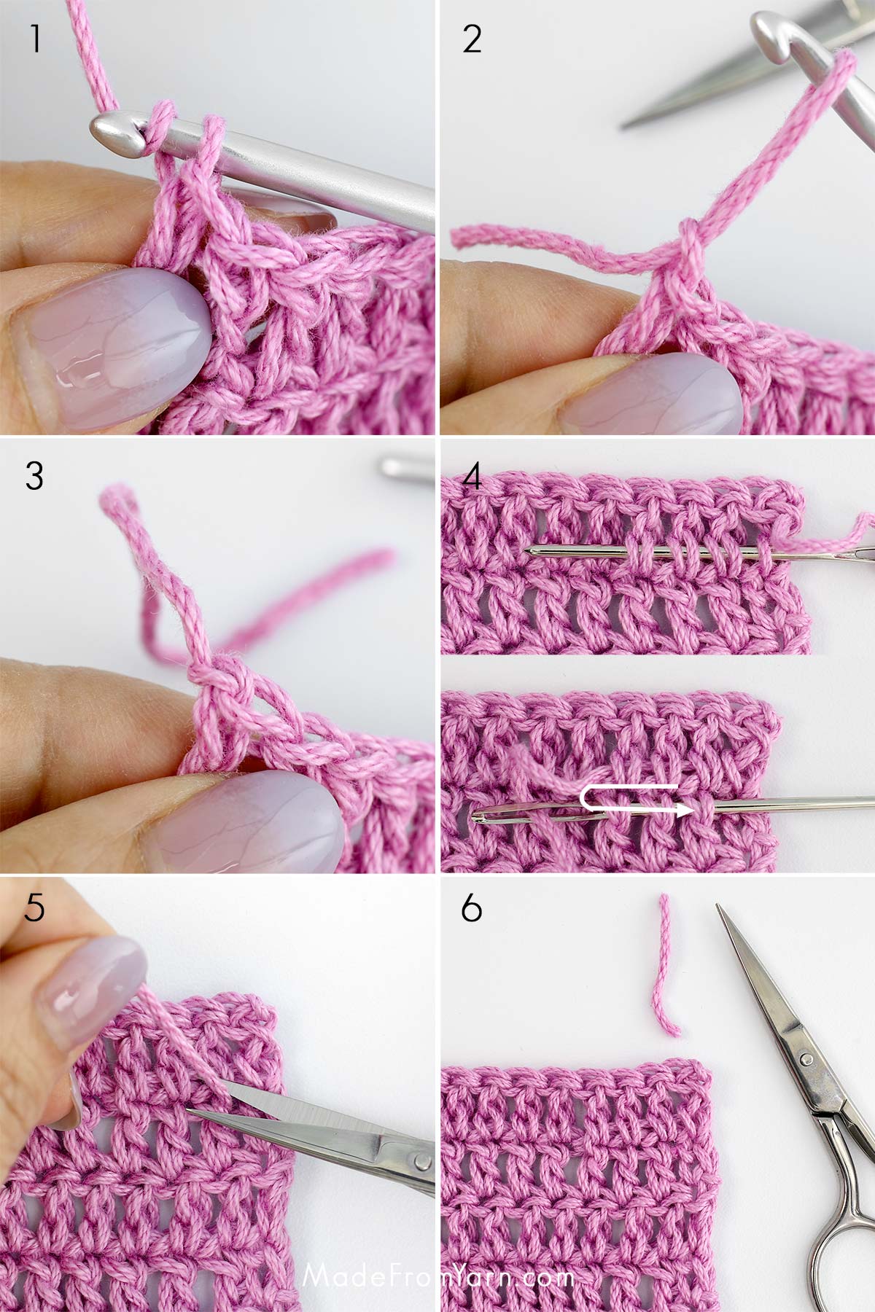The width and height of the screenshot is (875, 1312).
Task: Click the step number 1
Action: [x=34, y=40]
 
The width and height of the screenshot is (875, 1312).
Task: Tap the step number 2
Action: [x=472, y=40]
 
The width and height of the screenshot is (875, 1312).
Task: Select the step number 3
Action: [x=34, y=477]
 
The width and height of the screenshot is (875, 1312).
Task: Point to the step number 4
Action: [x=472, y=477]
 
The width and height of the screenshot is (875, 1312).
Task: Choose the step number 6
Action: [x=472, y=910]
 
